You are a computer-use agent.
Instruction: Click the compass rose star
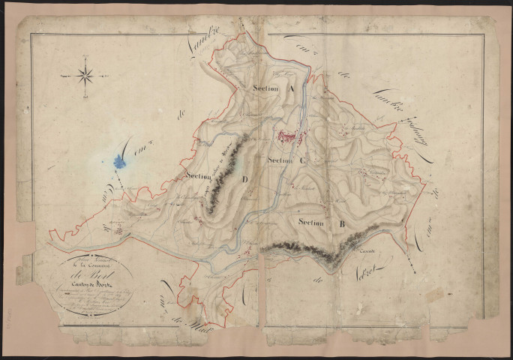[85, 75]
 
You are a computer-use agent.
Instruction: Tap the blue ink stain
[117, 161]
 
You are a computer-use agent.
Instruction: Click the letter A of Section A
[289, 88]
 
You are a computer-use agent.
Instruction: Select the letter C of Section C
[302, 160]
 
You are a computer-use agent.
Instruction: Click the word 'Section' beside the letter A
[266, 88]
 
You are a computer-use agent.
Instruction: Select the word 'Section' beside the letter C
[279, 160]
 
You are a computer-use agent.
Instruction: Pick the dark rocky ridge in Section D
[223, 176]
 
